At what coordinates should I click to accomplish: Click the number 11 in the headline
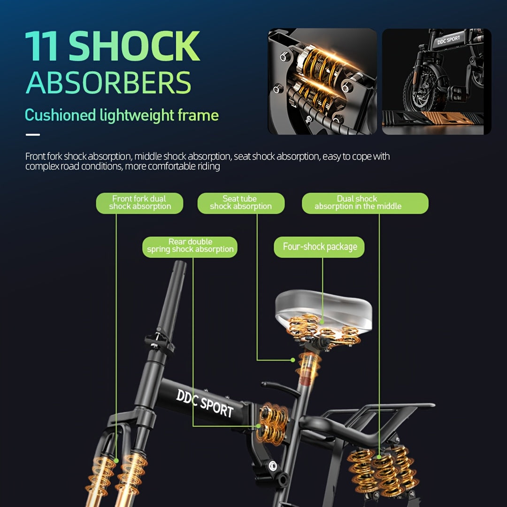41,46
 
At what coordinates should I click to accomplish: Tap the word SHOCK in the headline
134,46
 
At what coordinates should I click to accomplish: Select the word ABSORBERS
108,83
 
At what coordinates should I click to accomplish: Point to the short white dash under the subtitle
33,135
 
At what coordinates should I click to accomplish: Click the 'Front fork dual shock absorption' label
140,203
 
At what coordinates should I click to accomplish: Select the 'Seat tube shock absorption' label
241,203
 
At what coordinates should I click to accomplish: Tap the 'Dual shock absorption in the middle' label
365,203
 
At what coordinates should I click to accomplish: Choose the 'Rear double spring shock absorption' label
190,247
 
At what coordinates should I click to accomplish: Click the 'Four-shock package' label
319,247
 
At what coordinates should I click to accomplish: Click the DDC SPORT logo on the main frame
205,403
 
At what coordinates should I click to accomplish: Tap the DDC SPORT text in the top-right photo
448,40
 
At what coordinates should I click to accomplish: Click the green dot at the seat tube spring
292,360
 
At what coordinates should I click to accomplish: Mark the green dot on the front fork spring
116,461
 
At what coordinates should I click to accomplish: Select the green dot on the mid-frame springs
258,426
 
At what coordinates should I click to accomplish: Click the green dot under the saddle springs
322,322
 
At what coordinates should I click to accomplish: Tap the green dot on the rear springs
379,457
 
